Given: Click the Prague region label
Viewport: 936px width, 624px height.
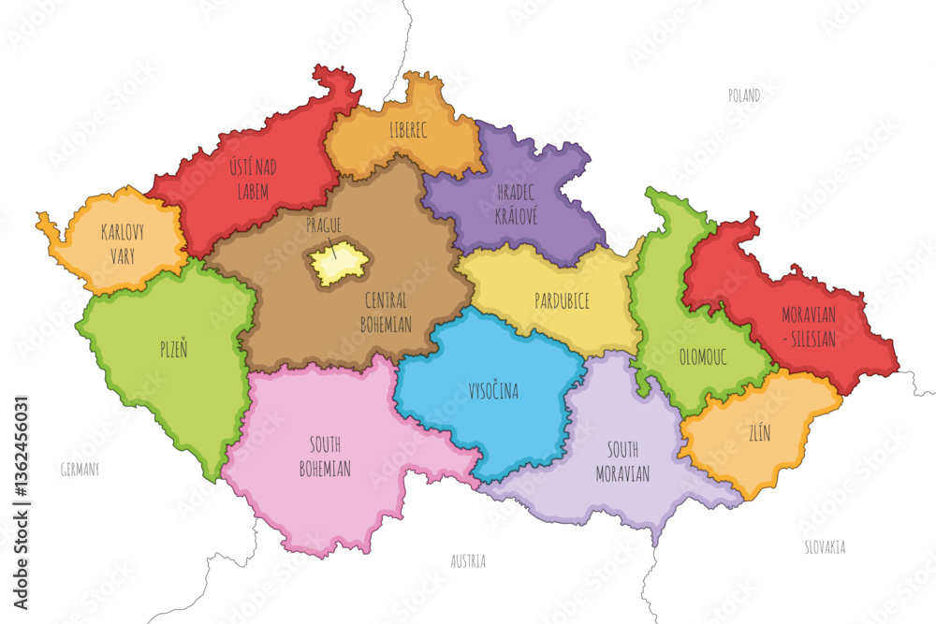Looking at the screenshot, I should click(x=323, y=225).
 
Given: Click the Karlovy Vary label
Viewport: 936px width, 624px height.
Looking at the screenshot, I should click(x=127, y=243).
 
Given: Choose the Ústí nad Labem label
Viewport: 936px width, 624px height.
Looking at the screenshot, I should click(x=248, y=180).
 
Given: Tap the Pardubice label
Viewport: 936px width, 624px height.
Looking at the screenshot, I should click(x=561, y=301).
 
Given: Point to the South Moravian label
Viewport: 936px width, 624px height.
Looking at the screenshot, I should click(x=622, y=461).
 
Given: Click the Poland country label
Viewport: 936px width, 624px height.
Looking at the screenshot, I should click(x=744, y=95).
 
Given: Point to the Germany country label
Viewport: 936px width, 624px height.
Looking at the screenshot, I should click(x=79, y=469).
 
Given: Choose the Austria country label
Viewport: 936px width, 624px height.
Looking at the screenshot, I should click(x=468, y=561).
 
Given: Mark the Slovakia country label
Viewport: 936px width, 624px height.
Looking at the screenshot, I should click(x=825, y=547).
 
